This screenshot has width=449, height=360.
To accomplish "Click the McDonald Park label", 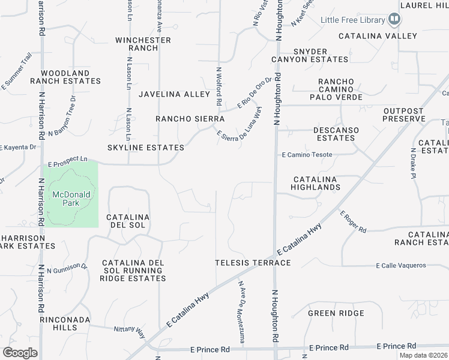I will (71, 199).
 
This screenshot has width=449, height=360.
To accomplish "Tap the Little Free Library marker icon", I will (394, 20).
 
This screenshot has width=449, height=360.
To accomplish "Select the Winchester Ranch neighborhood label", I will (143, 44).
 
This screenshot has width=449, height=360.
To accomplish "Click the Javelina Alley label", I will (174, 94).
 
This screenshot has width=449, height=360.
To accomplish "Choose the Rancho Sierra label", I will (190, 119).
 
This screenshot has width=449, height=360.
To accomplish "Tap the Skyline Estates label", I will (146, 148).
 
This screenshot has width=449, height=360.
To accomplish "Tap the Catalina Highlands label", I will (316, 184).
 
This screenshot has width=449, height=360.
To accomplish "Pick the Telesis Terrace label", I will (253, 263).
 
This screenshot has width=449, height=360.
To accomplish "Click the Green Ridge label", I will (336, 313).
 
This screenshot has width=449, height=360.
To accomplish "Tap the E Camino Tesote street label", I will (307, 155).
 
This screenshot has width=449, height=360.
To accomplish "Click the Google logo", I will (20, 353).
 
